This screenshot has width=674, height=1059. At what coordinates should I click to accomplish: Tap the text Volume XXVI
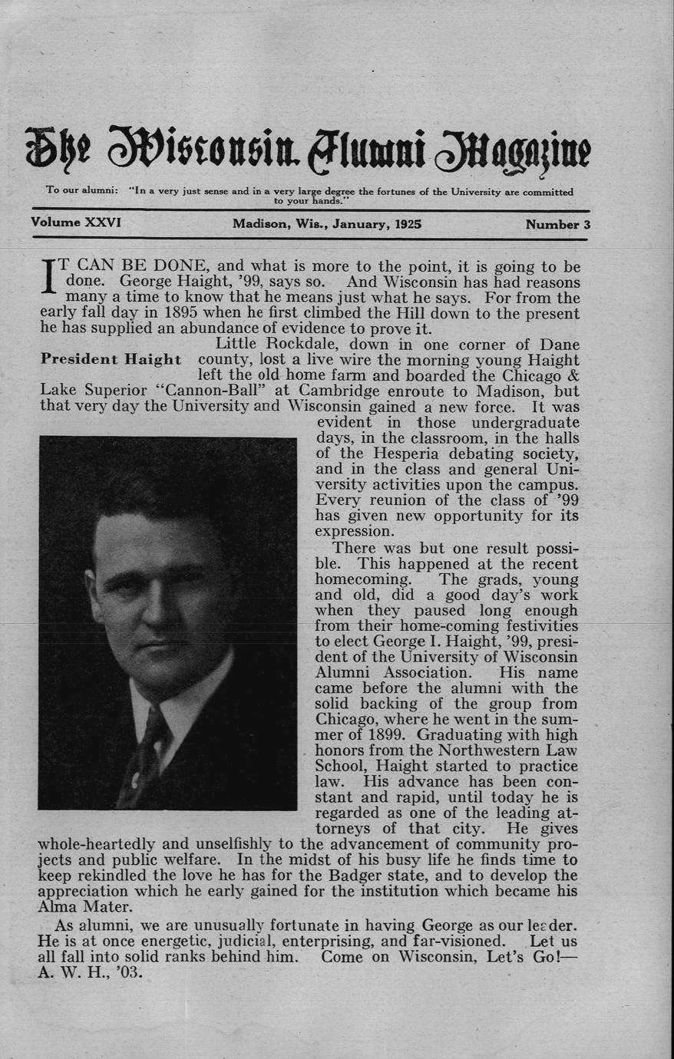(76, 223)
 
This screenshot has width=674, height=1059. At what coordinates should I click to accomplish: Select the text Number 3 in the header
(557, 225)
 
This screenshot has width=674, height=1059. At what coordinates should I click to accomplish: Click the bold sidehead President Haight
(111, 359)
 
